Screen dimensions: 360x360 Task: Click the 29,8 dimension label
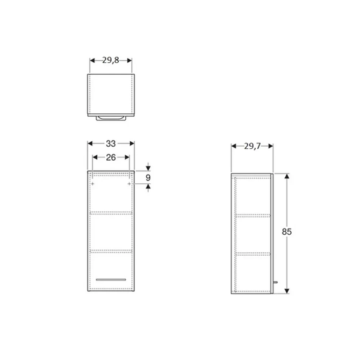pyautogui.click(x=110, y=61)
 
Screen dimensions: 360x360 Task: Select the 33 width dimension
pyautogui.click(x=110, y=143)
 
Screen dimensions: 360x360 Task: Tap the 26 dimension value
pyautogui.click(x=110, y=157)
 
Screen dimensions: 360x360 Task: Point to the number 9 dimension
pyautogui.click(x=147, y=178)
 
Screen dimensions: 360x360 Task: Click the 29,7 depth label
pyautogui.click(x=252, y=145)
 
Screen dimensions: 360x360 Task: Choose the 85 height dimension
pyautogui.click(x=287, y=231)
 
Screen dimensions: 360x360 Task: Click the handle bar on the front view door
pyautogui.click(x=110, y=279)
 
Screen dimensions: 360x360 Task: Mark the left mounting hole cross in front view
pyautogui.click(x=91, y=183)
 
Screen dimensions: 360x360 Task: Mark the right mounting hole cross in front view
pyautogui.click(x=129, y=183)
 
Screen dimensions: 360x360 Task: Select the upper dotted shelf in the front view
pyautogui.click(x=110, y=212)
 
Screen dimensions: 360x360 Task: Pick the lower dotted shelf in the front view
pyautogui.click(x=110, y=250)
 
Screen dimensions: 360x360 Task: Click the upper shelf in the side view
pyautogui.click(x=252, y=215)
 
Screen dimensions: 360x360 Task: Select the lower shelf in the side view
pyautogui.click(x=252, y=252)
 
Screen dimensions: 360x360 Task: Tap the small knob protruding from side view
pyautogui.click(x=276, y=283)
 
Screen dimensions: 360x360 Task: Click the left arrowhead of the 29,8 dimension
pyautogui.click(x=92, y=61)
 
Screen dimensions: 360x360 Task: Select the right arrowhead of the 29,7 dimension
pyautogui.click(x=271, y=145)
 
